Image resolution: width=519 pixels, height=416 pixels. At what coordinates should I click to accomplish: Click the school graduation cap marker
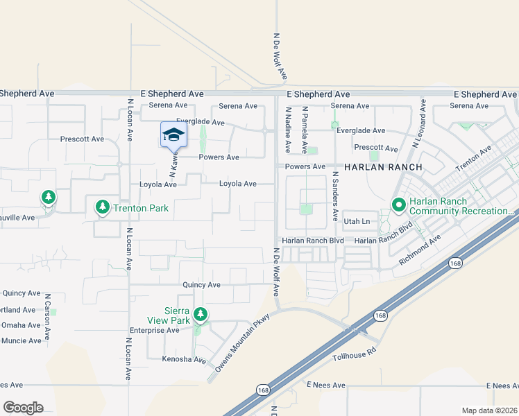click(x=173, y=135)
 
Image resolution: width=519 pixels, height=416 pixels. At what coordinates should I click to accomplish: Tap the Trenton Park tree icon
click(x=103, y=206)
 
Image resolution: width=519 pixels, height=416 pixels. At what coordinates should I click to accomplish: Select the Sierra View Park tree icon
click(x=201, y=315)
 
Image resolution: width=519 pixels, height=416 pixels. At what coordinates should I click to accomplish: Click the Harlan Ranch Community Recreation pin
click(x=398, y=205)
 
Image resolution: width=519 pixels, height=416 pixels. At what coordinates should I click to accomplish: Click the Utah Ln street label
click(x=357, y=221)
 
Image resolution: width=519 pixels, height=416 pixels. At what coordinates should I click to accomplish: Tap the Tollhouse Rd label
click(x=353, y=356)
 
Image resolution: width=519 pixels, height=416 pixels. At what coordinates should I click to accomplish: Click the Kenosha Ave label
click(x=185, y=360)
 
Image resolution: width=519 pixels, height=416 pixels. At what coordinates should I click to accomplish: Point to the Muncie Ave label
click(x=21, y=340)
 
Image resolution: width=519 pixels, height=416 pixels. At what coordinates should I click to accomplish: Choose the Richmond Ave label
click(x=420, y=252)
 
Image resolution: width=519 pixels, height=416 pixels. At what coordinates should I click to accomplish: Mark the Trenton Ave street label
click(x=473, y=159)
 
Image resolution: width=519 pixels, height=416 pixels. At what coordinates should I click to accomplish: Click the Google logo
click(x=23, y=407)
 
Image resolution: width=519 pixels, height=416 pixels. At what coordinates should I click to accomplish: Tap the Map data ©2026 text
click(x=488, y=410)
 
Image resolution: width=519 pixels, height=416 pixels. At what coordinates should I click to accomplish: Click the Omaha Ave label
click(x=21, y=325)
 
